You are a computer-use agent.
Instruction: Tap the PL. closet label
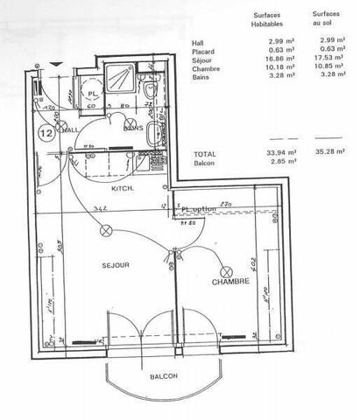click(92, 94)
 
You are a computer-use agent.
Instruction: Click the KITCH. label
click(122, 188)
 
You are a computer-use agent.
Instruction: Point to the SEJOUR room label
click(116, 263)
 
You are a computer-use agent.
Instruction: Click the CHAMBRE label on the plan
click(230, 282)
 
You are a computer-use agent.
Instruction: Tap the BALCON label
click(163, 375)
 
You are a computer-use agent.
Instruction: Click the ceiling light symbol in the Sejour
click(108, 231)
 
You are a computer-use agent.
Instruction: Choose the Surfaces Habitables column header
click(267, 20)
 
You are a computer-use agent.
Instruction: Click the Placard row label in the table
click(204, 51)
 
